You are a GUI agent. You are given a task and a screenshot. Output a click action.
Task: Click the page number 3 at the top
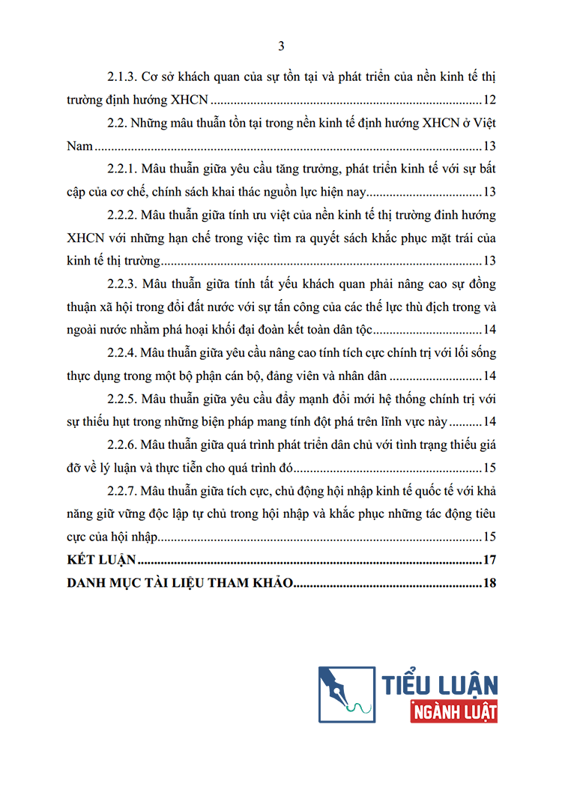tap(281, 46)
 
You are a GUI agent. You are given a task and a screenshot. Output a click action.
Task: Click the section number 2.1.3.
tap(121, 76)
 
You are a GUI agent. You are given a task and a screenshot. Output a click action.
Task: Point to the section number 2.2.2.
tap(121, 215)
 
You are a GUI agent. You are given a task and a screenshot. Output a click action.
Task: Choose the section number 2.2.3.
tap(121, 284)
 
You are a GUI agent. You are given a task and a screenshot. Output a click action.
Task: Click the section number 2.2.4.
tap(121, 353)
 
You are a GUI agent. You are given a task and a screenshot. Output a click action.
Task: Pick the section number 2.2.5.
tap(121, 399)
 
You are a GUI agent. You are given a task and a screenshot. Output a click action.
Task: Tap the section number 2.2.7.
tap(121, 492)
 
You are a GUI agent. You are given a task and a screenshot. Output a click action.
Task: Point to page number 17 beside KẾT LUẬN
tap(490, 560)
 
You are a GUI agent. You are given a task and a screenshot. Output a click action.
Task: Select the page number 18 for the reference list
tap(490, 583)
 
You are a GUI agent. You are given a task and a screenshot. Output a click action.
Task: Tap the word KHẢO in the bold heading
tap(268, 583)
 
